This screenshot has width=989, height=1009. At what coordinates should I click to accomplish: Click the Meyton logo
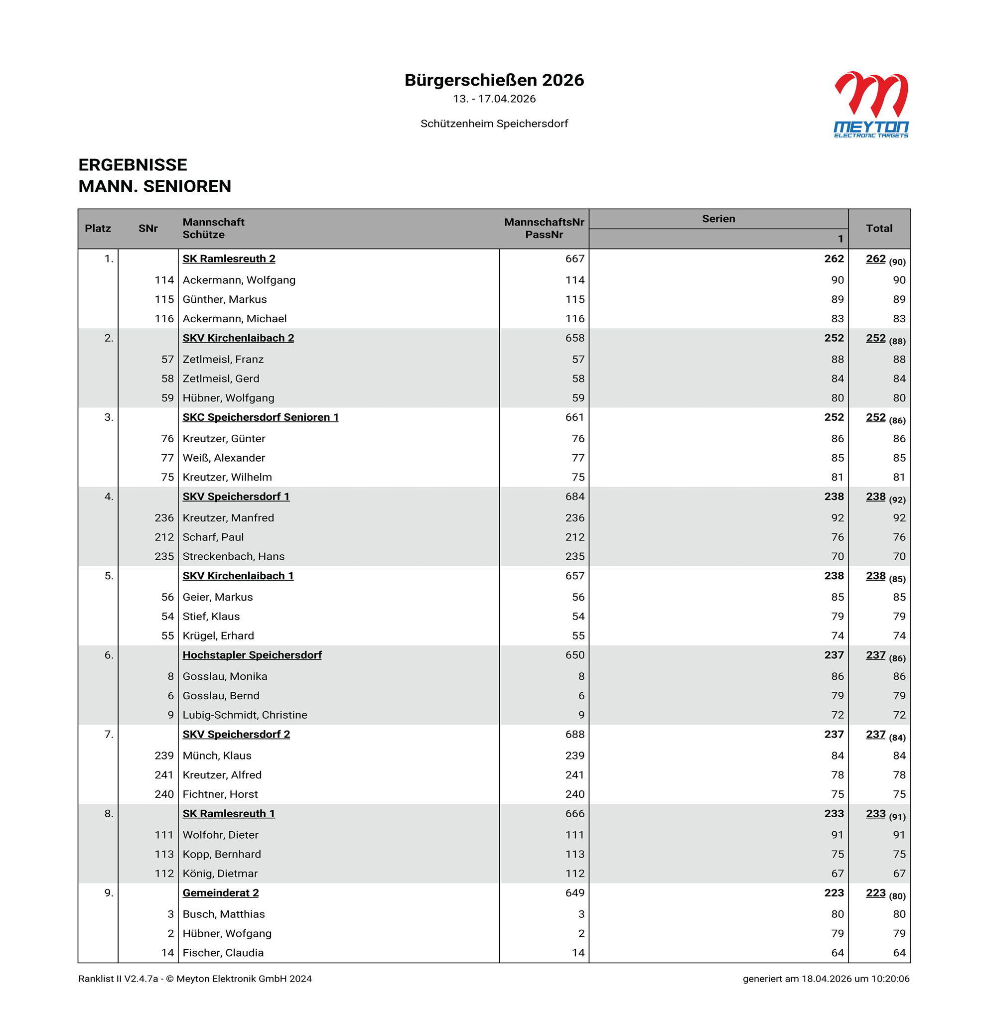(x=871, y=104)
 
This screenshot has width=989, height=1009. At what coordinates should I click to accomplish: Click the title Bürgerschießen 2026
(x=494, y=80)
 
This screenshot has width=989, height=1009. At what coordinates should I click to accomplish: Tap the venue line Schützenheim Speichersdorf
(x=494, y=124)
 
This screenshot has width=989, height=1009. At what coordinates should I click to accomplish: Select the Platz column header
(x=98, y=229)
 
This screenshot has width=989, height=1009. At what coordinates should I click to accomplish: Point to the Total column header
(x=879, y=229)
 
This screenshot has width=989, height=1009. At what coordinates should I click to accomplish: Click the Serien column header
(x=718, y=219)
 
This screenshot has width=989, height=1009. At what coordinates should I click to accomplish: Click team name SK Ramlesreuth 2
(x=229, y=258)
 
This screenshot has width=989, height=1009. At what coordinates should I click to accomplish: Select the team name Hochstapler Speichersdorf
(x=252, y=655)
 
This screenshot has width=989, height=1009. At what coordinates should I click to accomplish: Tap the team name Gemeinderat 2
(x=220, y=892)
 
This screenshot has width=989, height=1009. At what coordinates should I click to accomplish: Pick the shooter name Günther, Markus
(x=224, y=299)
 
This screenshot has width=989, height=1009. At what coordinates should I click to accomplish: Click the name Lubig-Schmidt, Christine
(x=245, y=715)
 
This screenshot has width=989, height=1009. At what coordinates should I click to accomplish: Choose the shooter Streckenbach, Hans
(x=233, y=556)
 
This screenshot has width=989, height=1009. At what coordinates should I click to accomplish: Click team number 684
(x=574, y=497)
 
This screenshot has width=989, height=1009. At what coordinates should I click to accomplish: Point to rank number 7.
(x=109, y=734)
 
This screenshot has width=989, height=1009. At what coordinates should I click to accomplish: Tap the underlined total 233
(x=875, y=813)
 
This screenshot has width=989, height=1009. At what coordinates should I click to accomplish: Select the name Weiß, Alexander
(x=223, y=458)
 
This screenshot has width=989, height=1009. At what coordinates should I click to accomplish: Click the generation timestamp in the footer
(x=826, y=978)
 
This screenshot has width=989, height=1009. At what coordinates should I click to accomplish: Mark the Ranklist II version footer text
(x=195, y=978)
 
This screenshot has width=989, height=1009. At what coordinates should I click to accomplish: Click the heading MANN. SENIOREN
(x=154, y=186)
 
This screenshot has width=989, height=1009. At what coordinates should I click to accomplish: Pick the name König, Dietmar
(x=220, y=874)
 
